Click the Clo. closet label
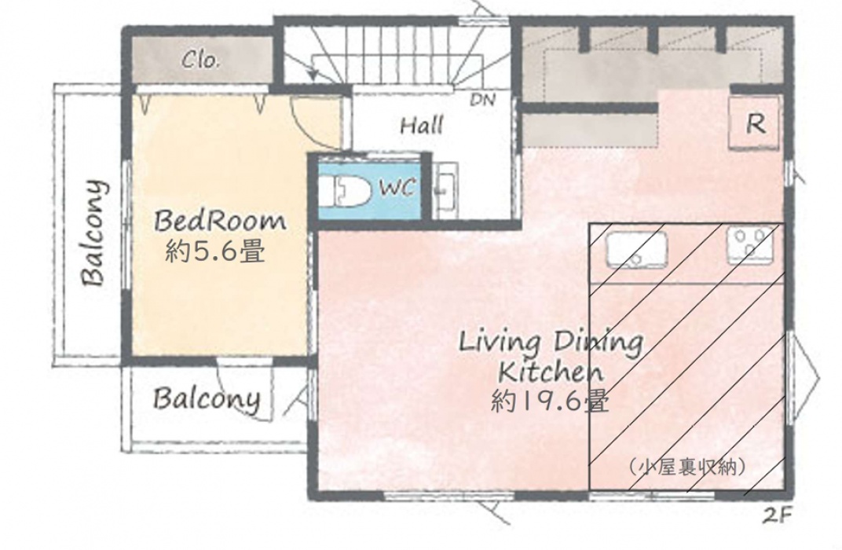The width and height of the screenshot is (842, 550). pos(201,60)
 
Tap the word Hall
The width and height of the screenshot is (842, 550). pos(422,126)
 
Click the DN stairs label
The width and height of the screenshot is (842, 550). pos(483,99)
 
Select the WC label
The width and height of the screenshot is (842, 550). pos(397,188)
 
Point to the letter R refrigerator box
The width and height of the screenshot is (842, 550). pos(754,123)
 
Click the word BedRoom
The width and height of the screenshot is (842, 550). pos(220,221)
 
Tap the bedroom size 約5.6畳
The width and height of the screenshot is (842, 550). pos(215,251)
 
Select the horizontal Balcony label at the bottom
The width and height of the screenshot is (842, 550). pos(207,399)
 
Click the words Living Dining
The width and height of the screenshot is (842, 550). pos(551,343)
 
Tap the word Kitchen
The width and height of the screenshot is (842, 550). pos(551,371)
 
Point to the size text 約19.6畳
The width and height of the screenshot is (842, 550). pos(550,400)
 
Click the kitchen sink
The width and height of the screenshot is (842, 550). pos(636,249)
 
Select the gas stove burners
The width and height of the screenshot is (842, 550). pos(751,245)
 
